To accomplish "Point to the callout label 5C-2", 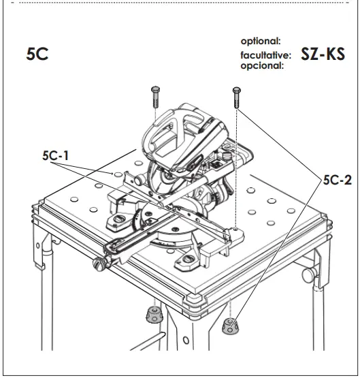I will click(x=334, y=180).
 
